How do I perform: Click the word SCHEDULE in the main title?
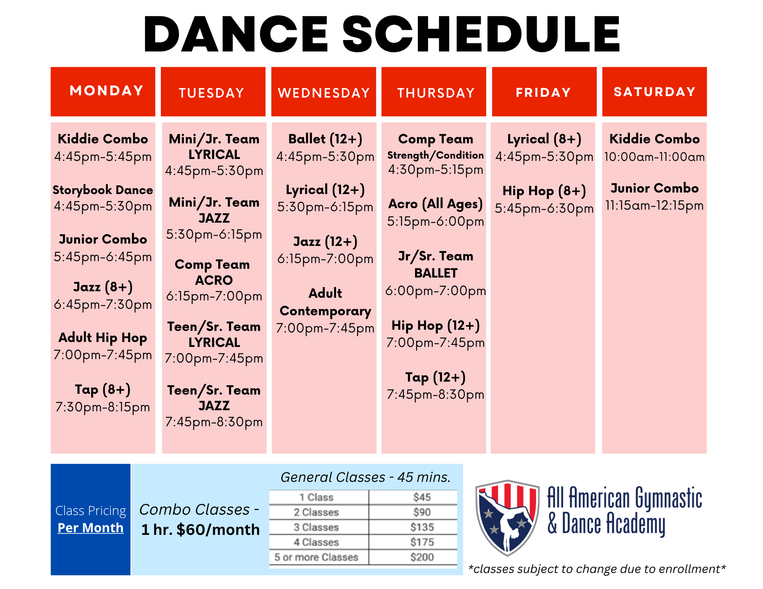481,34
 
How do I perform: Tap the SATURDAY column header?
655,91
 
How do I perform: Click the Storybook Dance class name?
103,190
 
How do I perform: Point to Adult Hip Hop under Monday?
103,338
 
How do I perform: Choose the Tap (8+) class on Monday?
103,390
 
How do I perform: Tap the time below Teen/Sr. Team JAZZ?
214,422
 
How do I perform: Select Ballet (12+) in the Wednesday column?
325,139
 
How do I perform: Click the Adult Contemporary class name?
325,302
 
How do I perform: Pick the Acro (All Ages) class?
435,204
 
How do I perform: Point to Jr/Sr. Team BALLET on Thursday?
436,265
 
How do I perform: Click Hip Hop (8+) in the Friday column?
544,191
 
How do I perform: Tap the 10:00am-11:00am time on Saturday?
655,157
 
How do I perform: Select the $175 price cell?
422,542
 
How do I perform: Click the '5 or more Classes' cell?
316,557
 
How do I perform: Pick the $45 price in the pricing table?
422,497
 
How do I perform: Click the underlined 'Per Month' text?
90,528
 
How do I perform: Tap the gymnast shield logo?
507,517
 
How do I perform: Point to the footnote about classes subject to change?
597,569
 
